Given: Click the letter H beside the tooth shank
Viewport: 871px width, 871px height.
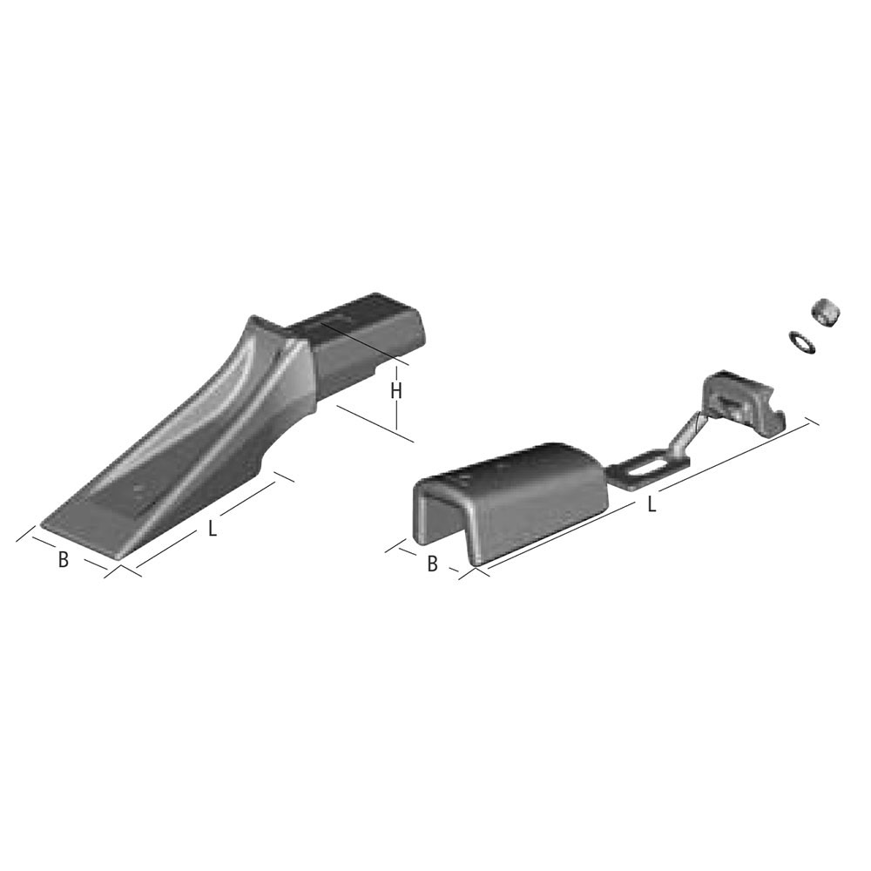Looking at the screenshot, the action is point(395,391).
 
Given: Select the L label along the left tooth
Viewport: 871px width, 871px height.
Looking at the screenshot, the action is point(213,529).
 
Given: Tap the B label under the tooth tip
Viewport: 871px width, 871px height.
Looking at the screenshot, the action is point(64,559).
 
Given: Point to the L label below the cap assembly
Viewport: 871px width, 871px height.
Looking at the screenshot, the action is point(652,504).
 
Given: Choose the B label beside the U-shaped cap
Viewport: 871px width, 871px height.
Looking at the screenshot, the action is point(432,564).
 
